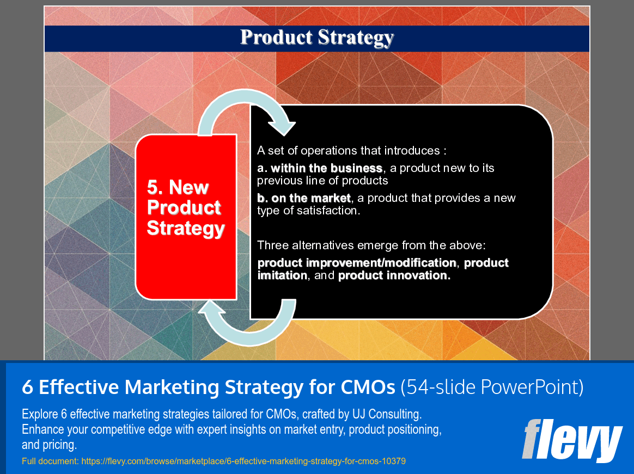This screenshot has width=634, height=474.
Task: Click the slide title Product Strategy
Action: [x=316, y=38]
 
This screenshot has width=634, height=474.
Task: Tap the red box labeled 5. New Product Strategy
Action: [x=185, y=217]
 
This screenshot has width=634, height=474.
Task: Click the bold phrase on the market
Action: [x=303, y=198]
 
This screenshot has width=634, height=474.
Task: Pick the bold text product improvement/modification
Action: [x=357, y=263]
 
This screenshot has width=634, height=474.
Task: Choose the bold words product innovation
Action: [x=394, y=275]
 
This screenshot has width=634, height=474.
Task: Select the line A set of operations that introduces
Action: [x=351, y=151]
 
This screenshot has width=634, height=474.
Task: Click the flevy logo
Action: [x=572, y=440]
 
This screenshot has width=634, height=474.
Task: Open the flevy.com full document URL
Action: [x=243, y=461]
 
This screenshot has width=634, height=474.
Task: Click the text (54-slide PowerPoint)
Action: [x=492, y=387]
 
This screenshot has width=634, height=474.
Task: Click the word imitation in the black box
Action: [x=282, y=275]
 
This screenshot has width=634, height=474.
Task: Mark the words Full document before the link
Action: [x=50, y=461]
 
